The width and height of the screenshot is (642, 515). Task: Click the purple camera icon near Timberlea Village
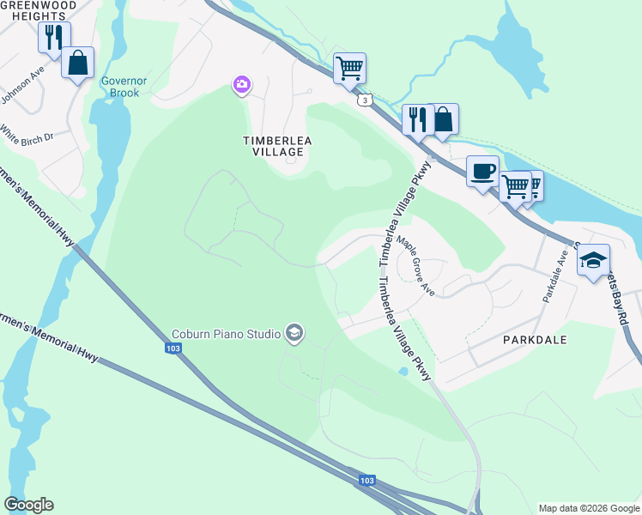point(242,83)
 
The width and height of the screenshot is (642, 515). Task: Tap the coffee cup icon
point(481,170)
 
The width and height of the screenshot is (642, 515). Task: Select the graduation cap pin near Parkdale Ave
point(593,261)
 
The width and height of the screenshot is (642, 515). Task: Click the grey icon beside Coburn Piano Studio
point(294,333)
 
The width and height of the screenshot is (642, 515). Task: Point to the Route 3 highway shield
point(366,101)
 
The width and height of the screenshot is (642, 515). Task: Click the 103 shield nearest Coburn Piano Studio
point(173,348)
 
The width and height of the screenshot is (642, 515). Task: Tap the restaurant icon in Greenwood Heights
point(53,37)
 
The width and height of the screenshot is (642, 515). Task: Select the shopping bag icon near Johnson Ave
point(77,63)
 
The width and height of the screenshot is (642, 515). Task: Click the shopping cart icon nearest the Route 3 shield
point(349,67)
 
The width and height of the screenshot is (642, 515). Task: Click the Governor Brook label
point(119,87)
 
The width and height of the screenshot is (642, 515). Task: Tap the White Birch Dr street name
point(27,136)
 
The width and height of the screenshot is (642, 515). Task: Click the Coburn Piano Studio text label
point(226,333)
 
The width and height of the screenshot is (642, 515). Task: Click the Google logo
point(28,505)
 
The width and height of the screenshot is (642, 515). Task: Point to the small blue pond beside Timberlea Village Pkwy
point(403,371)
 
